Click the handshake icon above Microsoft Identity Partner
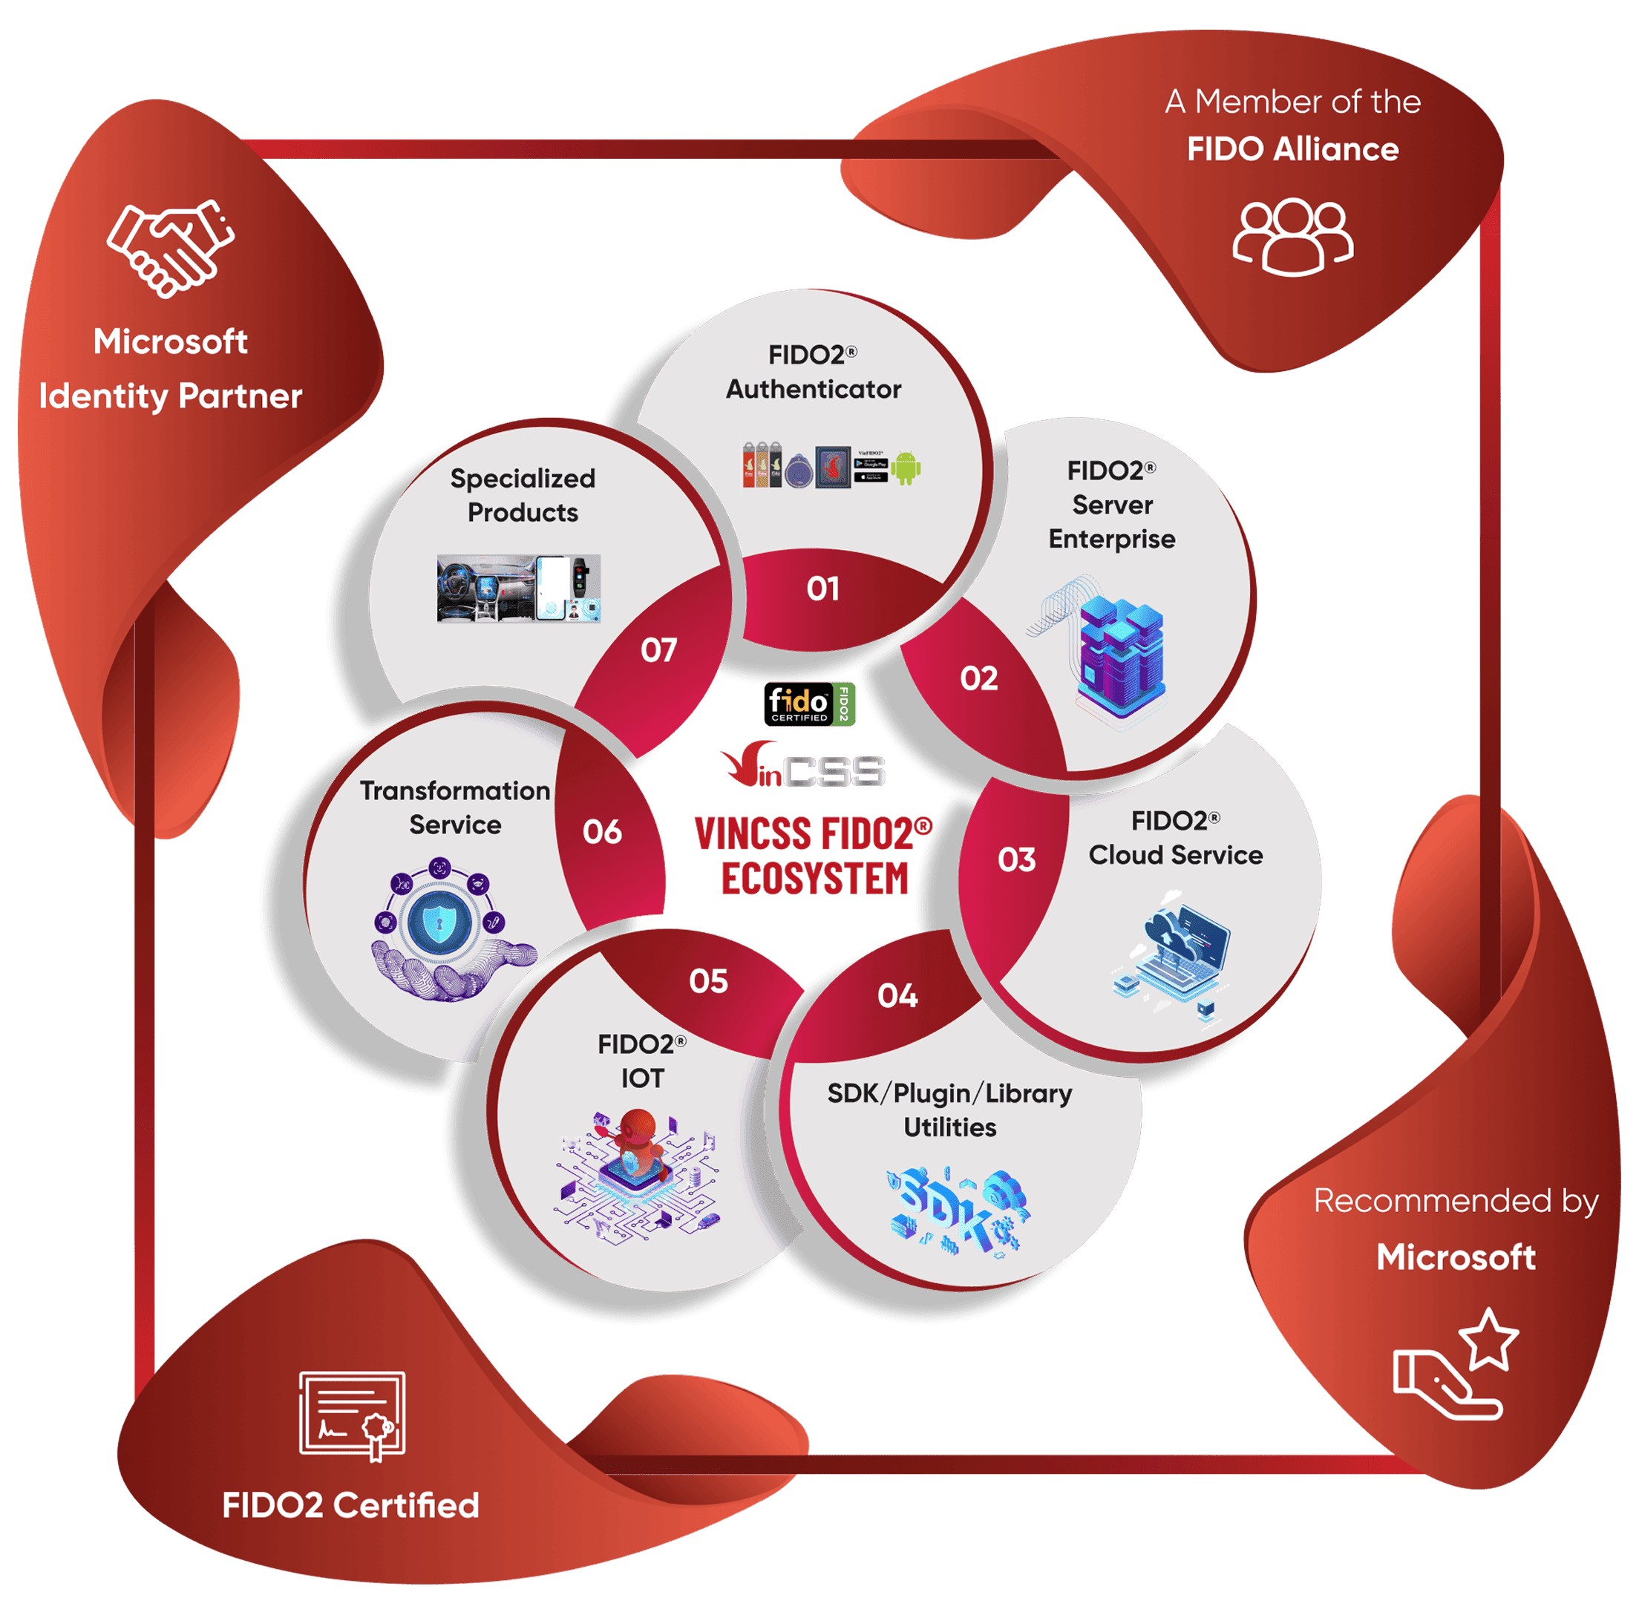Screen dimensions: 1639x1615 [171, 249]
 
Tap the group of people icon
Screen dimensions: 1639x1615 [1293, 237]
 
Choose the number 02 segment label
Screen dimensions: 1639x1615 [979, 678]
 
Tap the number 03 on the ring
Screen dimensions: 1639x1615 [1016, 860]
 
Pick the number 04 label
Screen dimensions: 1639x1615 [897, 996]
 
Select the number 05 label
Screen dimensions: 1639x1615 [708, 981]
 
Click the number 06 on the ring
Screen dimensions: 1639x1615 [602, 832]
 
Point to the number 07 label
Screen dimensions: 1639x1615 [659, 651]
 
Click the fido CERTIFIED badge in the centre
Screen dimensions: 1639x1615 [809, 704]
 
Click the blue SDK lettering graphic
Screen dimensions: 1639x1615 [957, 1210]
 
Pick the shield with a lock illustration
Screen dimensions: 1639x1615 [439, 923]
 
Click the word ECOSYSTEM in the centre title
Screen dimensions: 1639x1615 [815, 879]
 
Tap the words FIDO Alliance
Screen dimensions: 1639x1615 [1293, 149]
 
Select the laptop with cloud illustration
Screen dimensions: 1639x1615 [1176, 954]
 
